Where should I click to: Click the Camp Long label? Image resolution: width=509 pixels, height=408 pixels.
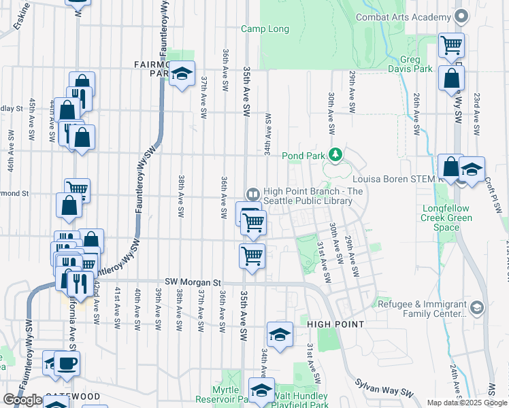click(x=265, y=29)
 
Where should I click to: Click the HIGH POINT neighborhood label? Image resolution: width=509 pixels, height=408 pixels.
click(x=332, y=324)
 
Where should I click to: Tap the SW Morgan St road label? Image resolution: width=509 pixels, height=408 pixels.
click(x=194, y=282)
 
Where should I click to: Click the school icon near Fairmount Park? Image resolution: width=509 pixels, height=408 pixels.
click(x=182, y=73)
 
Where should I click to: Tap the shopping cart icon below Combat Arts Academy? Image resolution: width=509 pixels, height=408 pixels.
click(x=450, y=46)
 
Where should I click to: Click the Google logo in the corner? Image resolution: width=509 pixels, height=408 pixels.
click(x=22, y=400)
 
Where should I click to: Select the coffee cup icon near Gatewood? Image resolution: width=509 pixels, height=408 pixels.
click(x=67, y=364)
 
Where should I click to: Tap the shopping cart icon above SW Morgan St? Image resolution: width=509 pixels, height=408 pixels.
click(x=252, y=256)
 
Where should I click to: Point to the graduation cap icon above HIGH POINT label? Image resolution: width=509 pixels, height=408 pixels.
click(x=280, y=335)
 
